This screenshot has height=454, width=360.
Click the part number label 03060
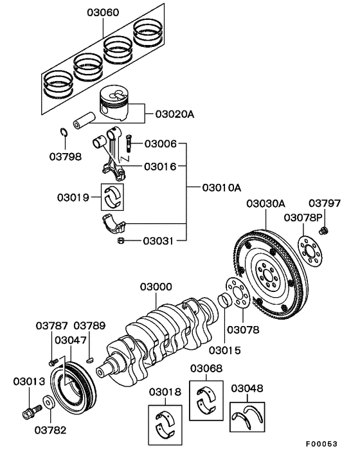(x=103, y=13)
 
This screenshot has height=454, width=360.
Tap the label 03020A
(x=175, y=114)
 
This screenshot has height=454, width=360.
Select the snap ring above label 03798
(x=64, y=132)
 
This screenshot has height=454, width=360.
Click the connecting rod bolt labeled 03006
(x=129, y=143)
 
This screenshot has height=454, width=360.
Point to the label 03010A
(x=222, y=188)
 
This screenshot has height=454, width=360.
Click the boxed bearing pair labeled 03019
(x=113, y=197)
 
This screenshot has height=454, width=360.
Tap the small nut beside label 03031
(x=121, y=241)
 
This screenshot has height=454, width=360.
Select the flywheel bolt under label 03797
(x=324, y=231)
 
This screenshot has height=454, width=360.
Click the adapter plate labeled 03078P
(x=310, y=251)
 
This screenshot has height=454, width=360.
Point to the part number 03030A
(x=265, y=204)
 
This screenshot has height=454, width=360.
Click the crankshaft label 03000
(x=156, y=287)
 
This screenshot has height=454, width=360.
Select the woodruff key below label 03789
(x=90, y=360)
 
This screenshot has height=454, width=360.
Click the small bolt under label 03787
(x=53, y=362)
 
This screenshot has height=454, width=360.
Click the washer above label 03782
(x=48, y=402)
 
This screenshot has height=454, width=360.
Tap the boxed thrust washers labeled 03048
(x=248, y=417)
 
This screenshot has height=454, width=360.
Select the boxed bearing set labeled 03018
(x=165, y=425)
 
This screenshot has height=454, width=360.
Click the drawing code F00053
(x=322, y=444)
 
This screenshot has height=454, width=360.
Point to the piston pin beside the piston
(x=84, y=120)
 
